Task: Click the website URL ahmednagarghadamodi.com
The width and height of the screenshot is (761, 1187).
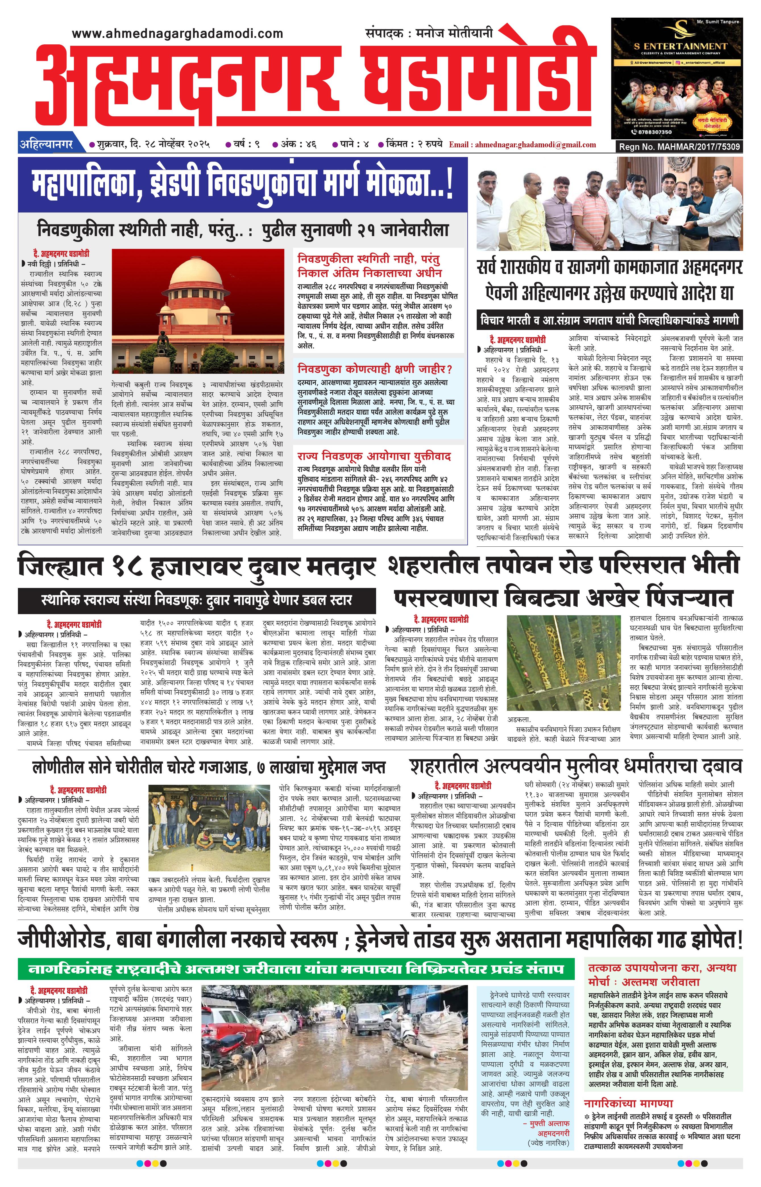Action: pyautogui.click(x=177, y=34)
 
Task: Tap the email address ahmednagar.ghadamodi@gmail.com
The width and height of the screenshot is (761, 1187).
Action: pyautogui.click(x=522, y=145)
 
